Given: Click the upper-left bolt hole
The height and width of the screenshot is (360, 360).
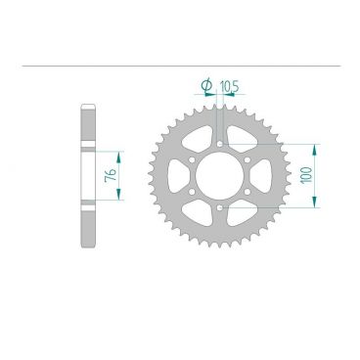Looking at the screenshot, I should click(x=193, y=159).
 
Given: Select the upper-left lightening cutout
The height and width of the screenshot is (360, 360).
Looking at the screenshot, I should click(x=199, y=137).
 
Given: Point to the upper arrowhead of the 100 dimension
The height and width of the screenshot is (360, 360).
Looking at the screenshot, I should click(x=315, y=148).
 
